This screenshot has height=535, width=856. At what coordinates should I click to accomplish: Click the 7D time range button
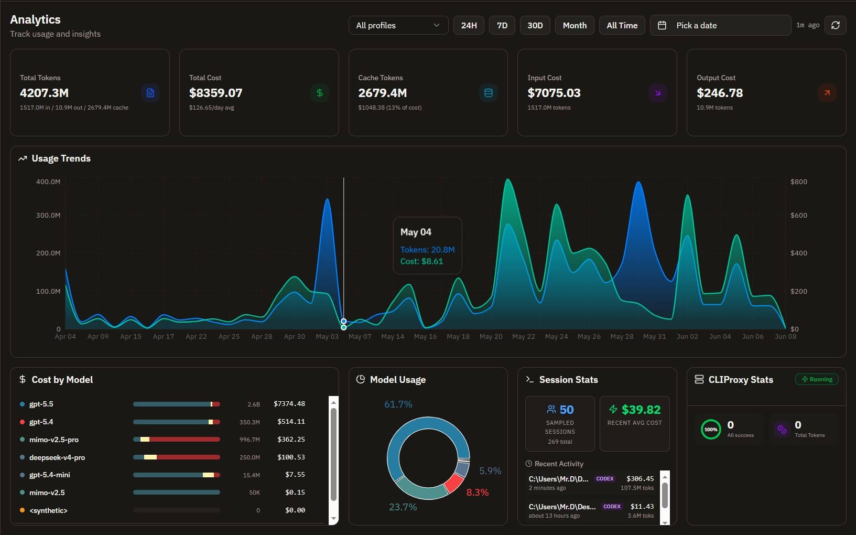pos(502,25)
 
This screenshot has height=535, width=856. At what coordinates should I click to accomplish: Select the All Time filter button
pos(622,25)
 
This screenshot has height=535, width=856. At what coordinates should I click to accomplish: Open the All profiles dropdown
pos(398,25)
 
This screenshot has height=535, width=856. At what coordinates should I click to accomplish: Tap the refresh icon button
pos(836,25)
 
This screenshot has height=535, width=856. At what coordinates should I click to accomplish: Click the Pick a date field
pos(720,25)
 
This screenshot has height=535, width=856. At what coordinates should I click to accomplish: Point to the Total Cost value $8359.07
pos(215,93)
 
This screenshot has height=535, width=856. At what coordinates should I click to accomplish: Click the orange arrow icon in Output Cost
pos(827,93)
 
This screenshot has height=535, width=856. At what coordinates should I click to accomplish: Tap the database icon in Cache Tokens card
pos(489,93)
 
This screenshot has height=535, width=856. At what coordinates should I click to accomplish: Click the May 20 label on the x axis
pos(491,337)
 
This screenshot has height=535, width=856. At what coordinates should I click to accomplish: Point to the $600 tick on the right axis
pos(799,215)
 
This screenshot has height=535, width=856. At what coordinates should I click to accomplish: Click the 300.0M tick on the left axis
pos(48,215)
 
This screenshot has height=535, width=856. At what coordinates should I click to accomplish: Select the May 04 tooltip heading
pos(416,232)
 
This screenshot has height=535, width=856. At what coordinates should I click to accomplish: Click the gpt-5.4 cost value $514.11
pos(291,421)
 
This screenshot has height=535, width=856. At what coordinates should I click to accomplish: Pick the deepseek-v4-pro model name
pos(57,457)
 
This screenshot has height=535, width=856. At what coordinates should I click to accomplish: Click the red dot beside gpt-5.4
pos(22,422)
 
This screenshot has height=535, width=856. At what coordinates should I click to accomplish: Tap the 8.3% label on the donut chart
pos(478,492)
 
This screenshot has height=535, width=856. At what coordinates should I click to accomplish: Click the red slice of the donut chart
pos(453,483)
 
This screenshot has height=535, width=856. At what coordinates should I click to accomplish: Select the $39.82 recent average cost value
pos(641,410)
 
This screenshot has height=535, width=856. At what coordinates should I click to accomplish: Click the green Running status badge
pos(817,379)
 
